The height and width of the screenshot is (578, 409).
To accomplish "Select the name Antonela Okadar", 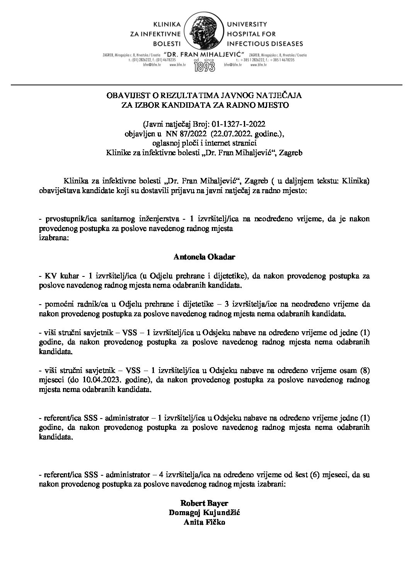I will [205, 256].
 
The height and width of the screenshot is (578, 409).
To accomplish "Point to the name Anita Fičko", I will [205, 523].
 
